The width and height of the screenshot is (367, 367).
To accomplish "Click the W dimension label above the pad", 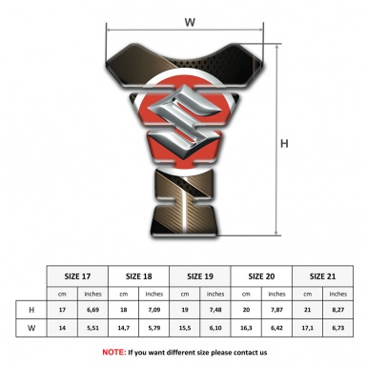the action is point(190,22).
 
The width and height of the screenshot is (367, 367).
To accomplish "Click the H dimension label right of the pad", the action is point(284,144).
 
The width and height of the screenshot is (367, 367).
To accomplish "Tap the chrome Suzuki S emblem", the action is point(184,122).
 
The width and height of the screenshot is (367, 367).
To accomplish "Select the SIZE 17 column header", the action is point(77,276).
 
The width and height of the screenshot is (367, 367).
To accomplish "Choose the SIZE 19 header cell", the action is point(200,276).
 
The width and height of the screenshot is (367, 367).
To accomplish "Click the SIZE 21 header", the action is point(322,276).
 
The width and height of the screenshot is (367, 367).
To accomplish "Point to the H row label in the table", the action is point(31,310).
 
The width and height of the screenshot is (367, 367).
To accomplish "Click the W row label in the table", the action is point(31,328).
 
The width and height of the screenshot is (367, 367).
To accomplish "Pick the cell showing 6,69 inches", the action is point(92,310).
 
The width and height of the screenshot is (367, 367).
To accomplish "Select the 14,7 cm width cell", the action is point(123,328).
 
